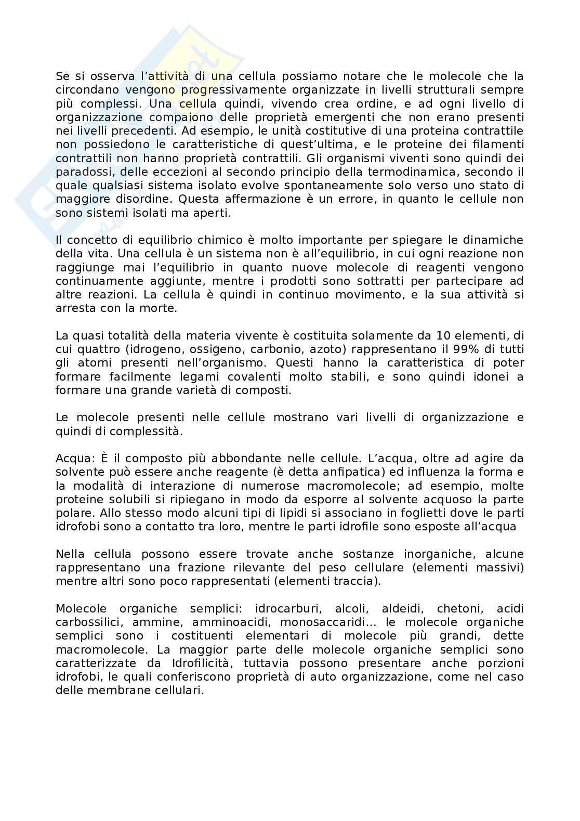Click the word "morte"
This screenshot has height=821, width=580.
pyautogui.click(x=161, y=308)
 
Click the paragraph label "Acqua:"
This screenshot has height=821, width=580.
pyautogui.click(x=72, y=459)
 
